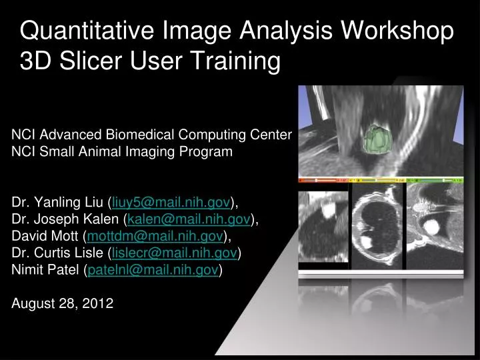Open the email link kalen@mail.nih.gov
[x=189, y=219]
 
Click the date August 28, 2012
[x=63, y=304]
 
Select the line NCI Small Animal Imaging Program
[x=122, y=151]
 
